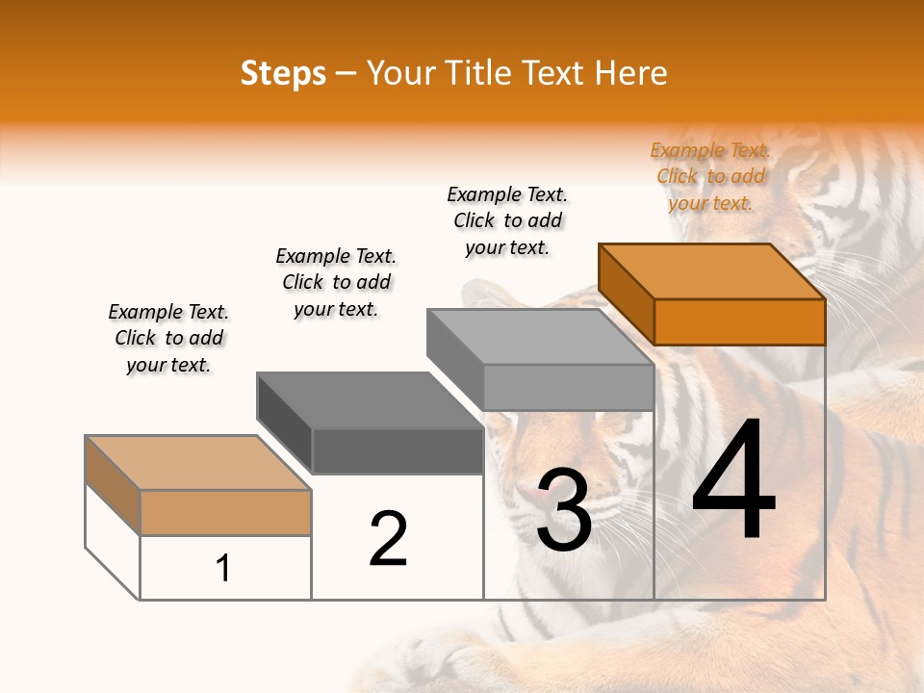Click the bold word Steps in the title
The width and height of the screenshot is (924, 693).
click(x=283, y=73)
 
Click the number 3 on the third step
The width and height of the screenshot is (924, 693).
click(x=564, y=510)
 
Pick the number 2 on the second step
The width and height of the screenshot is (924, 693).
click(x=388, y=538)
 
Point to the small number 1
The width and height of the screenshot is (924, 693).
click(x=223, y=568)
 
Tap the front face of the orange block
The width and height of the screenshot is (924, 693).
click(x=739, y=321)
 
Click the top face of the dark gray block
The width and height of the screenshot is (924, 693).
click(x=370, y=400)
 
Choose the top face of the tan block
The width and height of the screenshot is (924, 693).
click(x=198, y=463)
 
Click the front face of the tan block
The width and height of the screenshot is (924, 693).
click(x=225, y=512)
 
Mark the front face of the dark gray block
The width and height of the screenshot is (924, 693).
click(x=397, y=450)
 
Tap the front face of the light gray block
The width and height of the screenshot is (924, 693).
click(x=568, y=387)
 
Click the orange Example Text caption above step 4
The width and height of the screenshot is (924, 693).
click(x=710, y=176)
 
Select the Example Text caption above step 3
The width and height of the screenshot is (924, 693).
click(x=507, y=220)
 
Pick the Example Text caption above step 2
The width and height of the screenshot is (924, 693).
click(x=336, y=282)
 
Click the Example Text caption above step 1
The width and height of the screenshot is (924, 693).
click(x=168, y=338)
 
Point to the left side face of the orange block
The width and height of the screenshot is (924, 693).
click(x=627, y=294)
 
